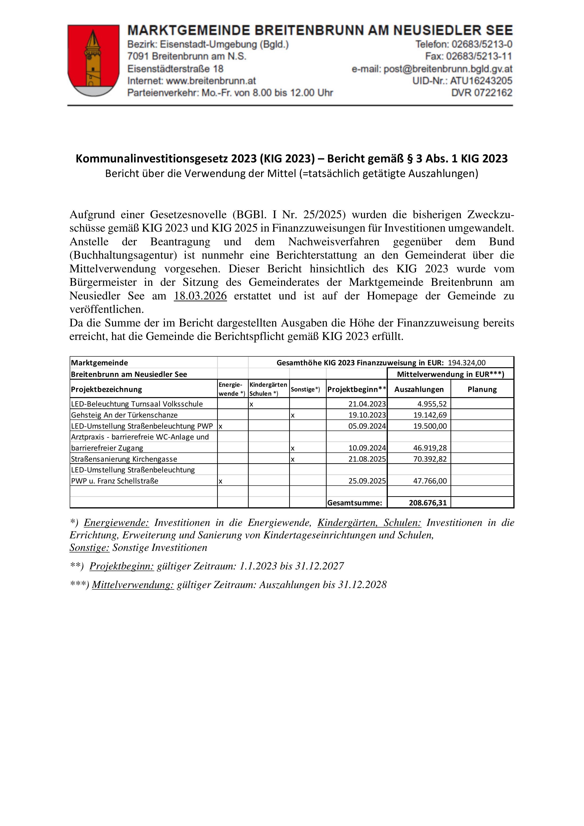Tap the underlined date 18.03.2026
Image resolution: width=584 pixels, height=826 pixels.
point(200,296)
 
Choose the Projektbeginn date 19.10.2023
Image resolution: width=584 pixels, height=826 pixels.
point(367,415)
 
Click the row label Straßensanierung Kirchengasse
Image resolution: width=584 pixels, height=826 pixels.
point(124,459)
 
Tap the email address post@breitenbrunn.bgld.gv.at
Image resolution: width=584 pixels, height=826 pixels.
point(448,69)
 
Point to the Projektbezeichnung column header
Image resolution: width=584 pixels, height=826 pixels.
point(106,389)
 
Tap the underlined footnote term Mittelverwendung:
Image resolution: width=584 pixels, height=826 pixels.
point(133,585)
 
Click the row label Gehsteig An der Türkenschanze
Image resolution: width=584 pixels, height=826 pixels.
point(124,415)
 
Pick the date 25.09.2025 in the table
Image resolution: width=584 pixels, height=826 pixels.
point(367,481)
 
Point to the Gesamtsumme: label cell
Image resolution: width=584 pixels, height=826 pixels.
point(354,503)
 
